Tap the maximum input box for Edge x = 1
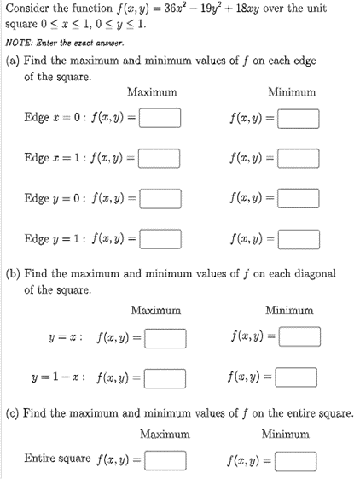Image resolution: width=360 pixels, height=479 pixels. click(160, 158)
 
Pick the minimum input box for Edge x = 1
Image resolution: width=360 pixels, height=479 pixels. click(297, 158)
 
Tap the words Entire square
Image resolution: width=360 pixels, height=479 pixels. click(57, 459)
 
